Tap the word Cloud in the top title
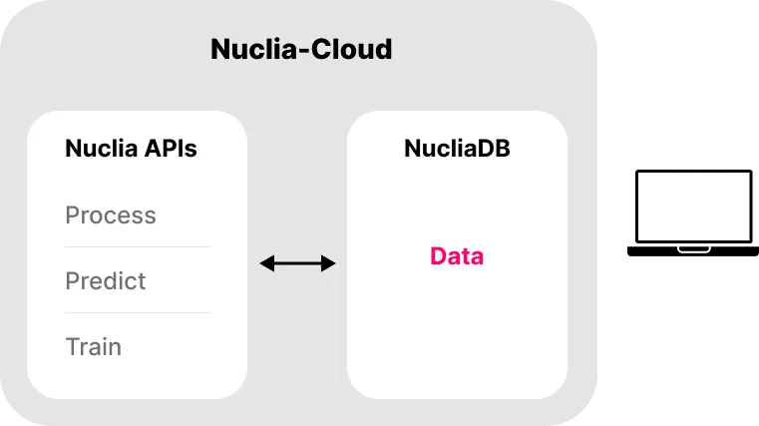click(348, 49)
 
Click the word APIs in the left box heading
click(172, 150)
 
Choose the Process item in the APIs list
click(111, 215)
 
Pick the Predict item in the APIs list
click(106, 281)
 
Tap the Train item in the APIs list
click(94, 347)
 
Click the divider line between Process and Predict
click(138, 246)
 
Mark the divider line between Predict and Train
click(138, 312)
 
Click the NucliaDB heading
click(457, 150)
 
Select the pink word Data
click(457, 256)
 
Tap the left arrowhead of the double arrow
click(265, 263)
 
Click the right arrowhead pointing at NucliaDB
click(330, 263)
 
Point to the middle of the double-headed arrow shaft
click(297, 263)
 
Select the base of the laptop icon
click(690, 251)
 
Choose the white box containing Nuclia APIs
click(137, 379)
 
